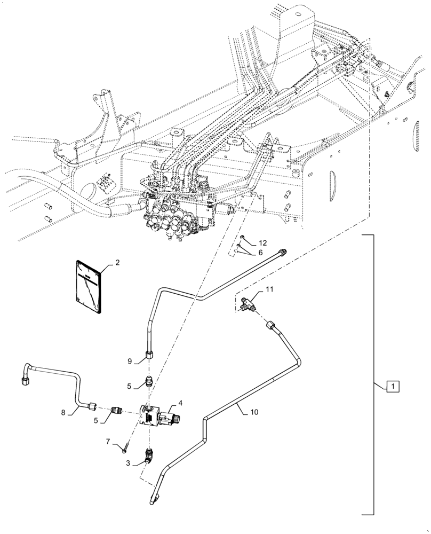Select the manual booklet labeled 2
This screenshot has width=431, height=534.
point(87,286)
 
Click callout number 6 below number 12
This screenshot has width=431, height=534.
point(260,252)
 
